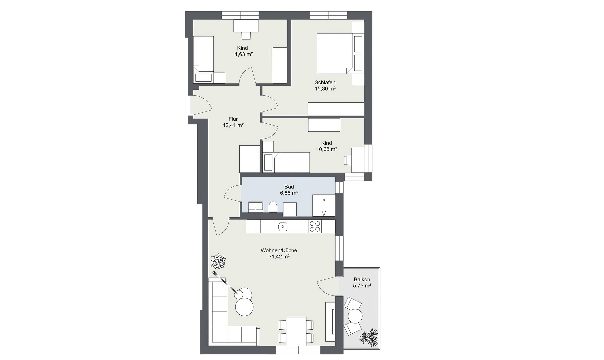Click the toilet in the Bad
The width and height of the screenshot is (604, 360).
pyautogui.click(x=273, y=207)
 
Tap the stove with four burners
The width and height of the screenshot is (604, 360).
pyautogui.click(x=315, y=226)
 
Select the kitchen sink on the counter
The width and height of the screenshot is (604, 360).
pyautogui.click(x=283, y=226)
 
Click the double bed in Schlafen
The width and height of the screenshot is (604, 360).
pyautogui.click(x=334, y=53)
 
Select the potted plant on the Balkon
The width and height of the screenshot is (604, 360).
pyautogui.click(x=370, y=337)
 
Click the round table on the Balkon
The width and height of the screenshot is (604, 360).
pyautogui.click(x=355, y=316)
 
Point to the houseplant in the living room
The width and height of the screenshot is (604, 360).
pyautogui.click(x=218, y=261)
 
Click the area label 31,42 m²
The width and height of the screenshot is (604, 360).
pyautogui.click(x=279, y=257)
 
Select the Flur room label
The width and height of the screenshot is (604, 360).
pyautogui.click(x=233, y=119)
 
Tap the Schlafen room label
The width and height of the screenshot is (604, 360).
pyautogui.click(x=325, y=82)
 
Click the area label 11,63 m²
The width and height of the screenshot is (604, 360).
pyautogui.click(x=242, y=54)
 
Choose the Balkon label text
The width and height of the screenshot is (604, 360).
pyautogui.click(x=362, y=279)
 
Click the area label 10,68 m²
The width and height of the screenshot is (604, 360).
pyautogui.click(x=326, y=149)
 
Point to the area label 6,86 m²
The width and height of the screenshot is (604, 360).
pyautogui.click(x=289, y=193)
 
